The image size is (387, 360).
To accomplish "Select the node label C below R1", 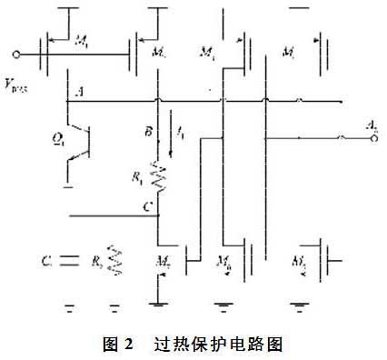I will tap(145, 206).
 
